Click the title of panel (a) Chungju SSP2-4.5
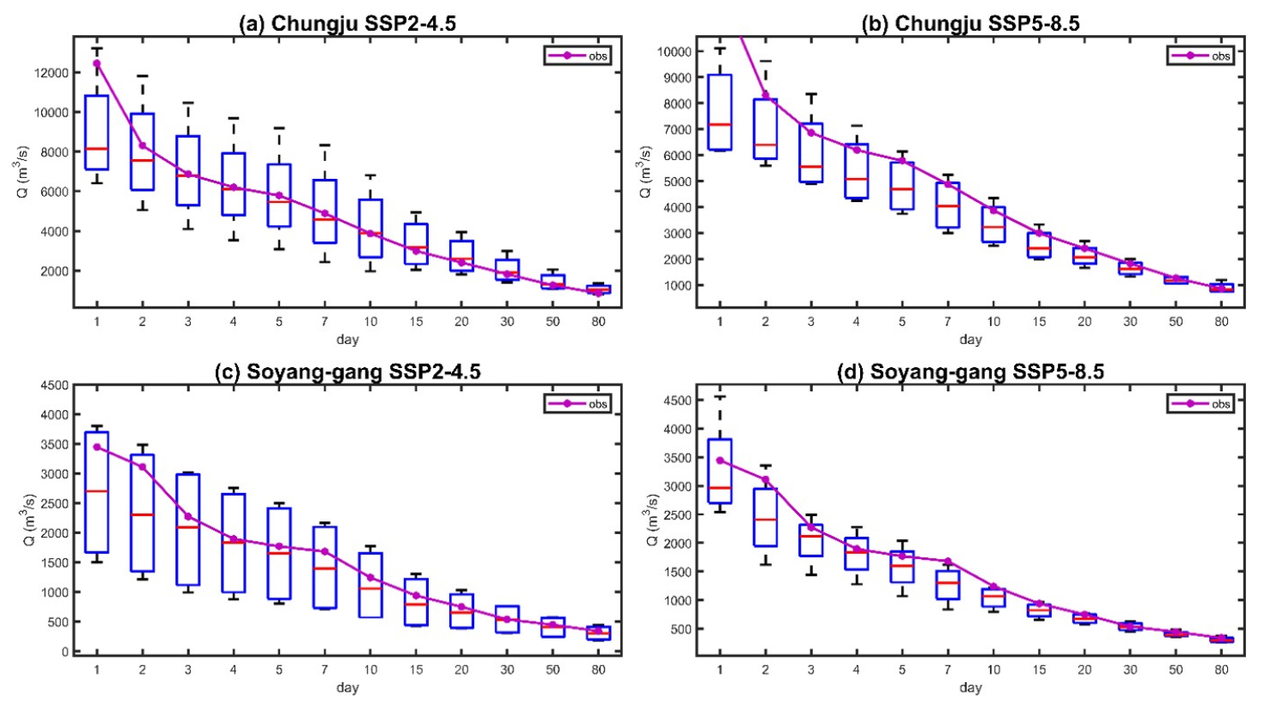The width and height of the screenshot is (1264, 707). [x=347, y=23]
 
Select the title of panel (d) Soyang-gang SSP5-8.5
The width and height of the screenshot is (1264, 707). [x=970, y=371]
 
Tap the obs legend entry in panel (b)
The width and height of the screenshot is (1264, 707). [x=1202, y=56]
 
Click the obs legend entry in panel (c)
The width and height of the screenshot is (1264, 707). [x=578, y=403]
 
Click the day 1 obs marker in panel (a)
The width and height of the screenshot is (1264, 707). [x=97, y=63]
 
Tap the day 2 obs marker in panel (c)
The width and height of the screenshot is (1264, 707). [x=142, y=466]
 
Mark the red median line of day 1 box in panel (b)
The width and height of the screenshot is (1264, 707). [x=720, y=124]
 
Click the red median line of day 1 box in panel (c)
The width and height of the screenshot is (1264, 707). [x=97, y=491]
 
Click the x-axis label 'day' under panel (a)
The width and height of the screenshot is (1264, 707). [x=347, y=340]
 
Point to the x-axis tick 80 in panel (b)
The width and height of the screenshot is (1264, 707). [x=1221, y=322]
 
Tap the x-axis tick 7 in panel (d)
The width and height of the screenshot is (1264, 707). [x=947, y=670]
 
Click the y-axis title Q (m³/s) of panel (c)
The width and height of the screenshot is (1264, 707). [x=28, y=520]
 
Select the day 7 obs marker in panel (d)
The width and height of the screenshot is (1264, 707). [x=947, y=561]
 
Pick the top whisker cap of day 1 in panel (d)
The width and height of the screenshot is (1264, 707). [x=720, y=397]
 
